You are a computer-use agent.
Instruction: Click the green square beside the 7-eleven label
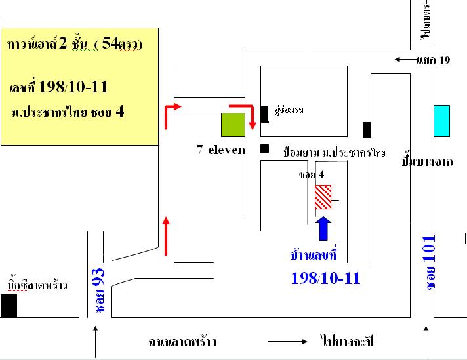232,125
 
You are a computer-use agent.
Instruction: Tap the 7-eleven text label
220,150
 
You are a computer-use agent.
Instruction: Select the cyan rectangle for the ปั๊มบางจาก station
441,121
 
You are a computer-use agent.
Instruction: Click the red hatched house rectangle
323,197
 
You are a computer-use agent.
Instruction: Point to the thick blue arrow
325,230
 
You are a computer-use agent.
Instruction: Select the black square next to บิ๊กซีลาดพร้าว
9,306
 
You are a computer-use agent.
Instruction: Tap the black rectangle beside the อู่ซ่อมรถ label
264,114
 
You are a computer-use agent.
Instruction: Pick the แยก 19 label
433,60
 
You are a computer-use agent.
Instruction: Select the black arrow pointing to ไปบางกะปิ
288,342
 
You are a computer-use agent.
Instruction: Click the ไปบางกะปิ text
348,342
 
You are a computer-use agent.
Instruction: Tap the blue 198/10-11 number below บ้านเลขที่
325,278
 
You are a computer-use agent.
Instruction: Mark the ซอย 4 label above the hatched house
312,175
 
